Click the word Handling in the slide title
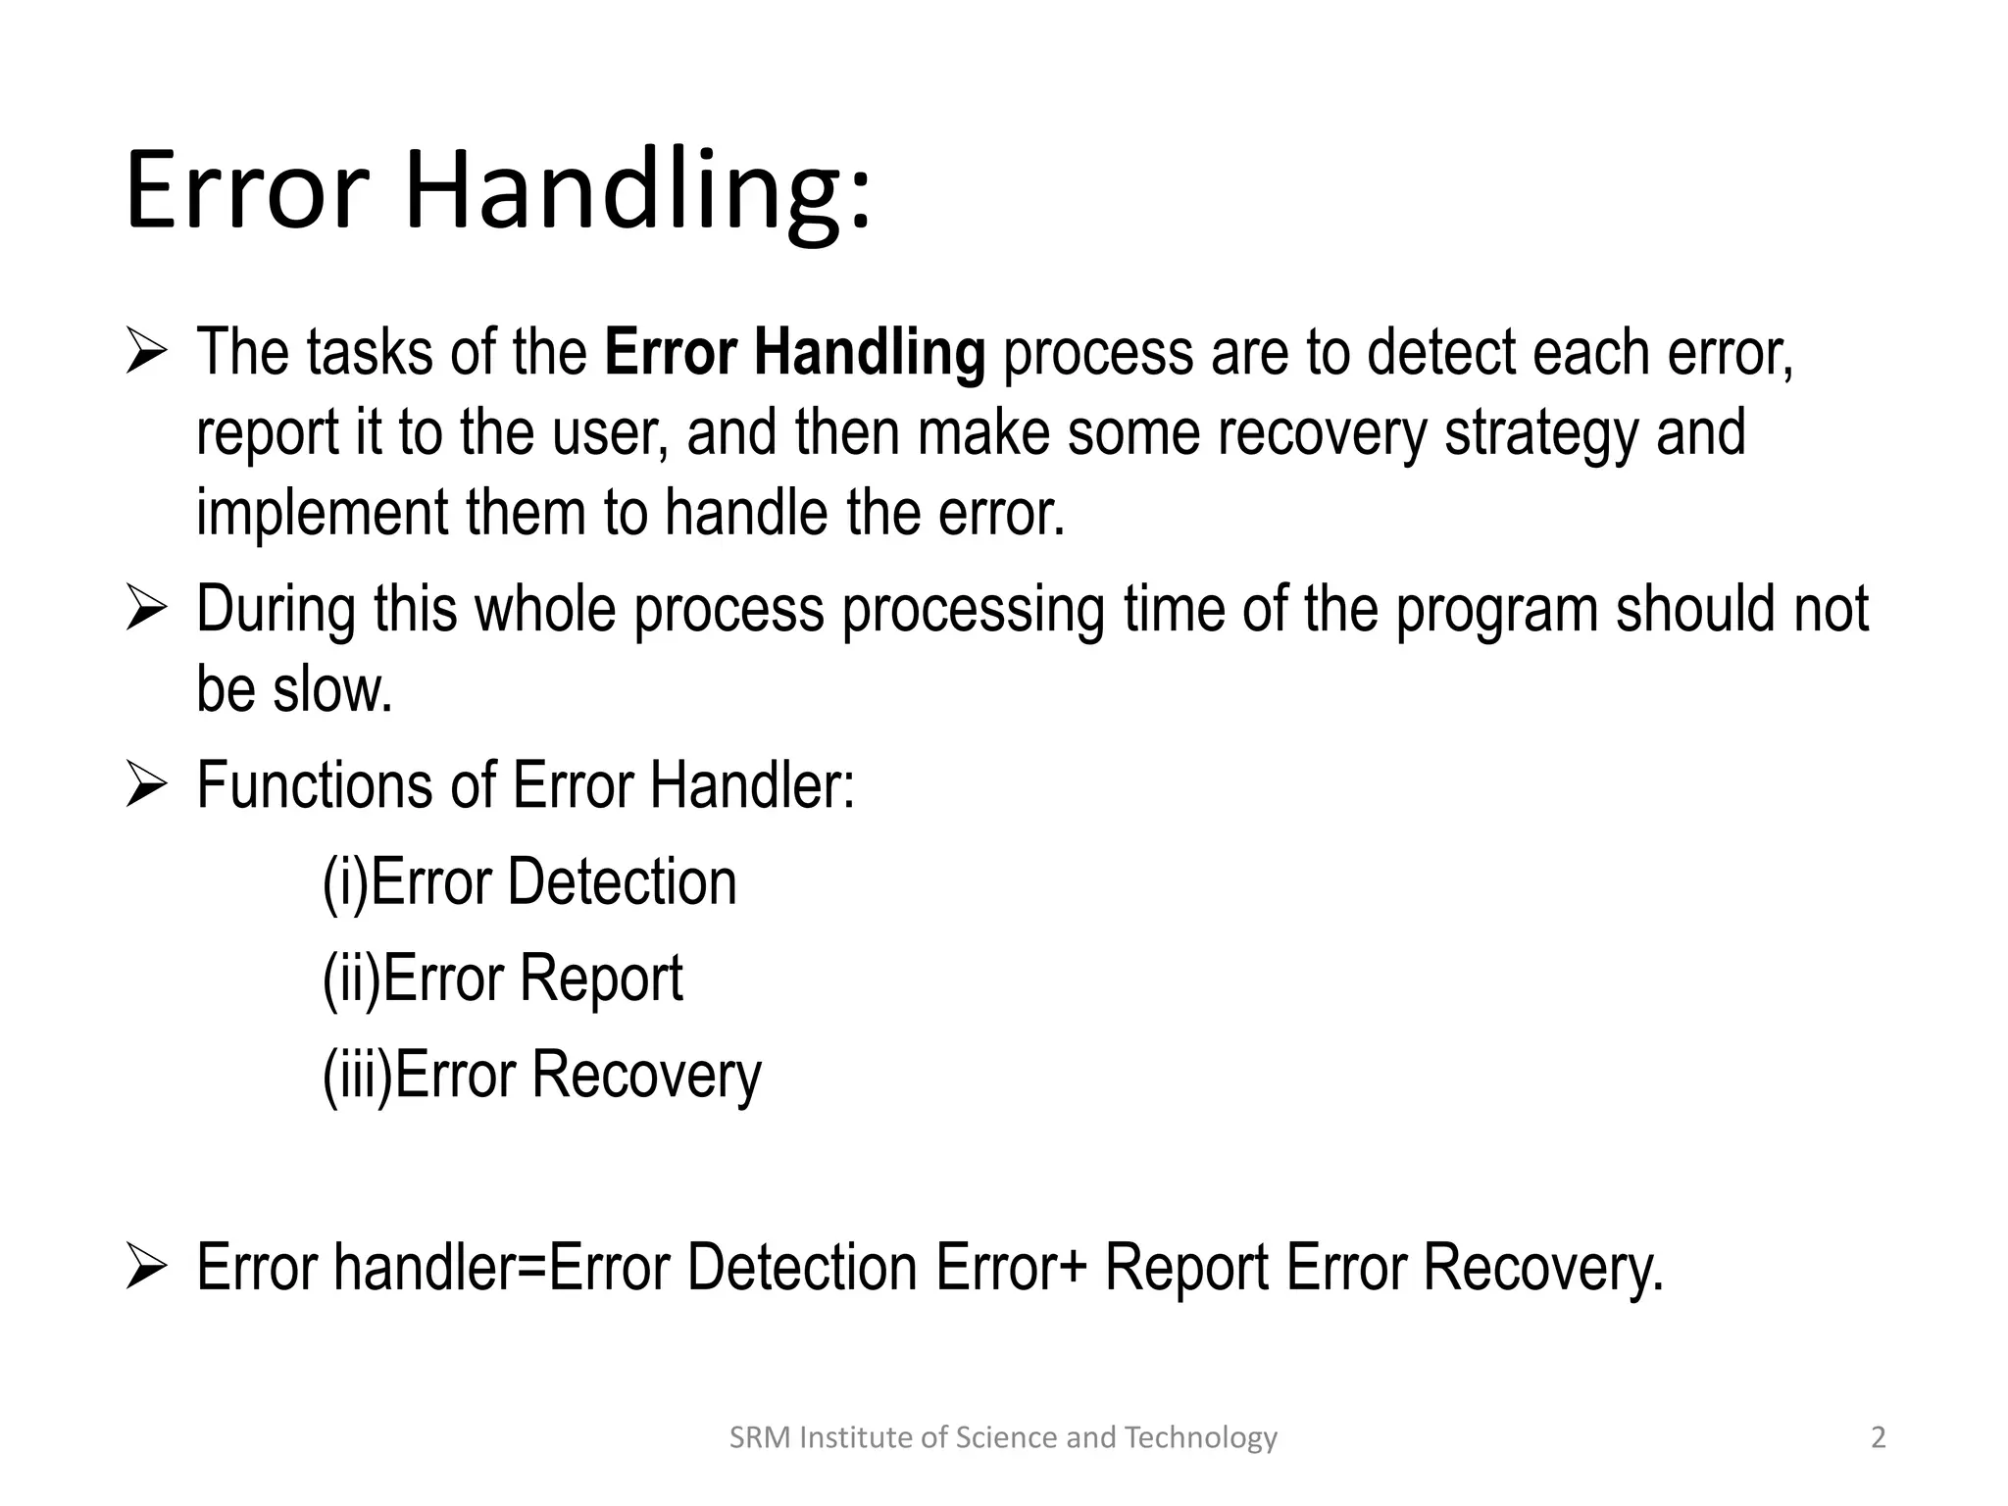coord(637,191)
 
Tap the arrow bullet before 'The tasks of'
coord(147,354)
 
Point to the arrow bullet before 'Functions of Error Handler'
coord(147,787)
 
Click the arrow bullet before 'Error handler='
coord(147,1268)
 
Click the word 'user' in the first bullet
coord(610,432)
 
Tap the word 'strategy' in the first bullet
coord(1540,432)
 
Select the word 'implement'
coord(322,513)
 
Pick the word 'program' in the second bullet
coord(1496,610)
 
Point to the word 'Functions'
coord(314,785)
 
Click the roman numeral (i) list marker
coord(345,882)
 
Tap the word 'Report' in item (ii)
coord(600,979)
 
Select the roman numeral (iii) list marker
coord(357,1075)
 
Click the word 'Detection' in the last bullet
coord(801,1267)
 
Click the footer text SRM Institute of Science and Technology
coord(1003,1437)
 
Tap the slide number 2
coord(1878,1437)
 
